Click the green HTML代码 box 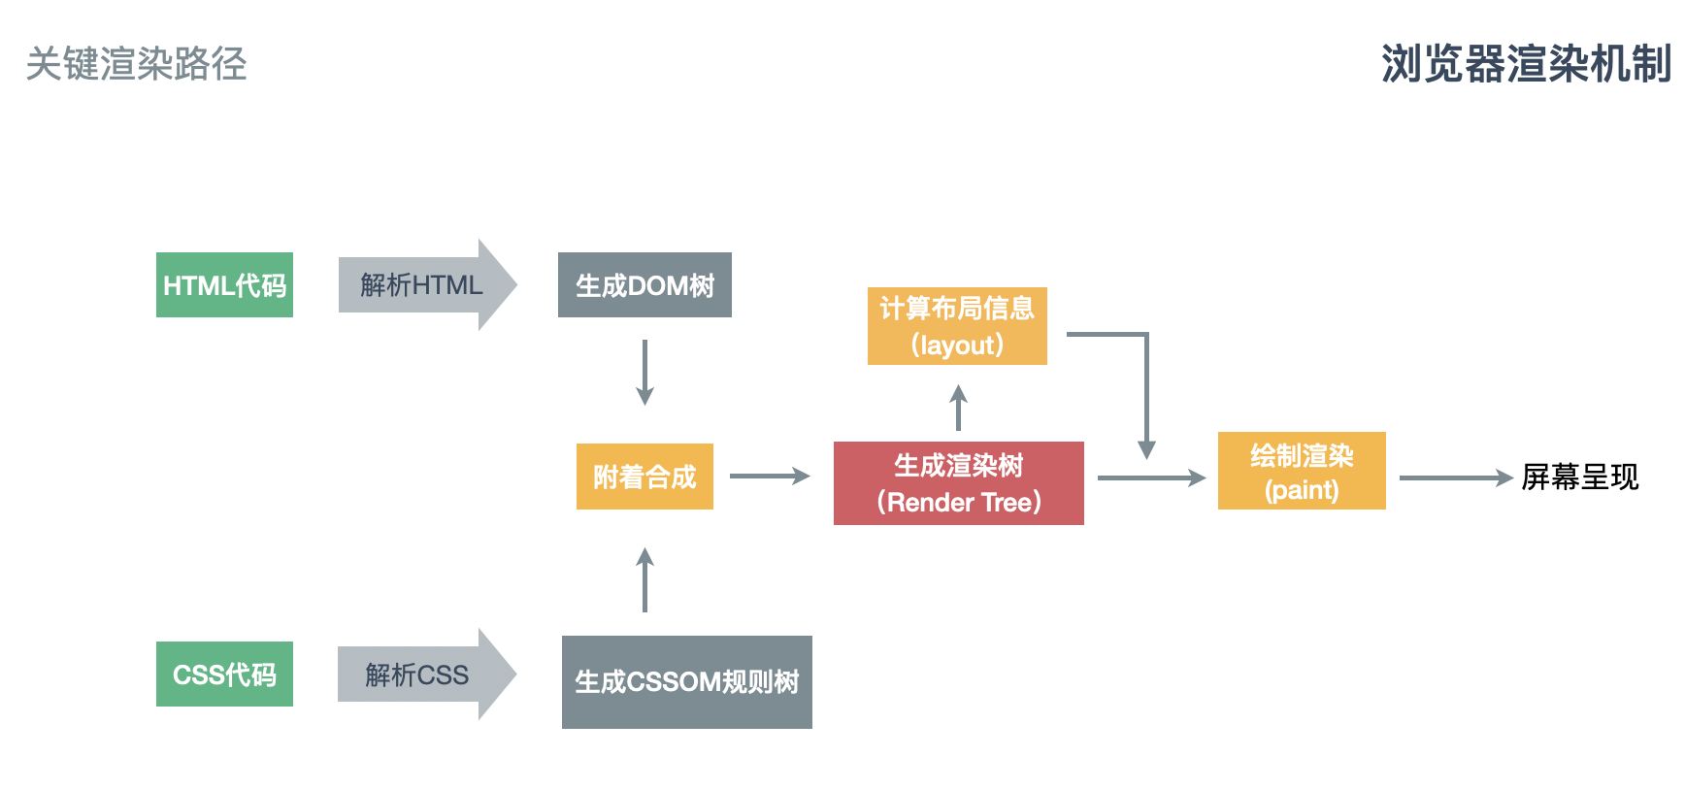point(224,284)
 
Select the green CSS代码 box point(224,674)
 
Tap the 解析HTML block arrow point(425,284)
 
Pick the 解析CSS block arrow point(424,674)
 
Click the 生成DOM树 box point(644,284)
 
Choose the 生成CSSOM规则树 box point(686,681)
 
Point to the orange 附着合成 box point(644,476)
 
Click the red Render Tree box point(958,482)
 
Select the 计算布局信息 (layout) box point(957,325)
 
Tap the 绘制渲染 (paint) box point(1301,471)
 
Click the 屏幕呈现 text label point(1579,477)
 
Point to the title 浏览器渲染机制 point(1526,64)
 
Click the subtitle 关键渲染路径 point(136,64)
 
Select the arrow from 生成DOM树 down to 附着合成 point(644,372)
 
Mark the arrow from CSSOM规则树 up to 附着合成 point(644,580)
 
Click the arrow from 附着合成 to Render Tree point(769,476)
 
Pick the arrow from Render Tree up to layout point(958,408)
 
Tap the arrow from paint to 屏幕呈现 point(1455,477)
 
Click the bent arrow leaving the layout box point(1146,388)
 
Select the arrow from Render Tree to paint point(1150,477)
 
